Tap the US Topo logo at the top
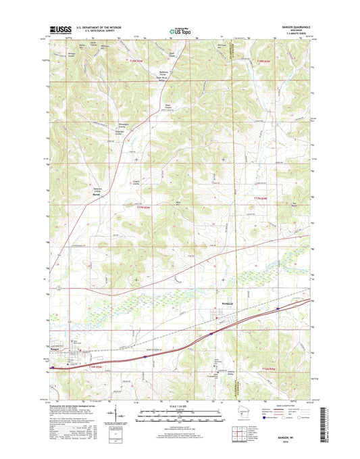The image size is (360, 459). (x=179, y=30)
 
